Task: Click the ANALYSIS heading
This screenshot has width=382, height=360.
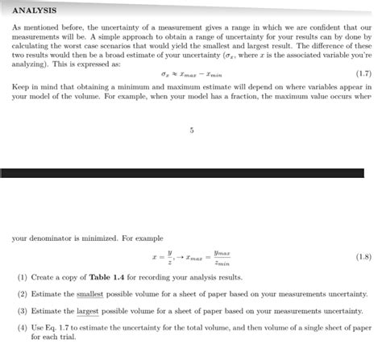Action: coord(35,10)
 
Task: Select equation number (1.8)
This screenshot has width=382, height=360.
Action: coord(363,257)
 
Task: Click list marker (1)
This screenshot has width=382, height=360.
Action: coord(23,277)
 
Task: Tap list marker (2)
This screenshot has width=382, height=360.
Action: coord(23,294)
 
